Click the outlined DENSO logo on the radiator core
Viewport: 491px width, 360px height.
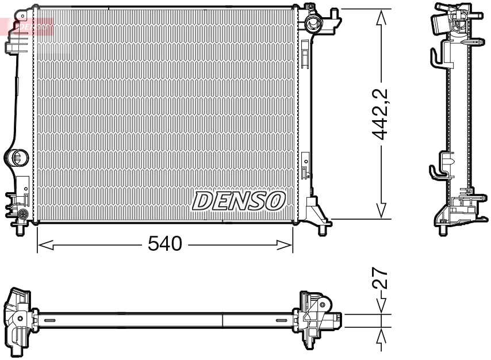239,200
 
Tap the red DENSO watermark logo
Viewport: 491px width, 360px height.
29,26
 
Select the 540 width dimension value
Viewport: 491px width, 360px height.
164,244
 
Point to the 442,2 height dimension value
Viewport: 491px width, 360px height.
381,115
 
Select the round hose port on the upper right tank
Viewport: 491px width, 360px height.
314,24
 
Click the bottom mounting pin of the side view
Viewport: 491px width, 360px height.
443,231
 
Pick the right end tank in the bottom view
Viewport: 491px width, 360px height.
317,320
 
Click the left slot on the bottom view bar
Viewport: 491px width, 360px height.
49,320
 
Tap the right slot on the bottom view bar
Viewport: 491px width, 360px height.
282,320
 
